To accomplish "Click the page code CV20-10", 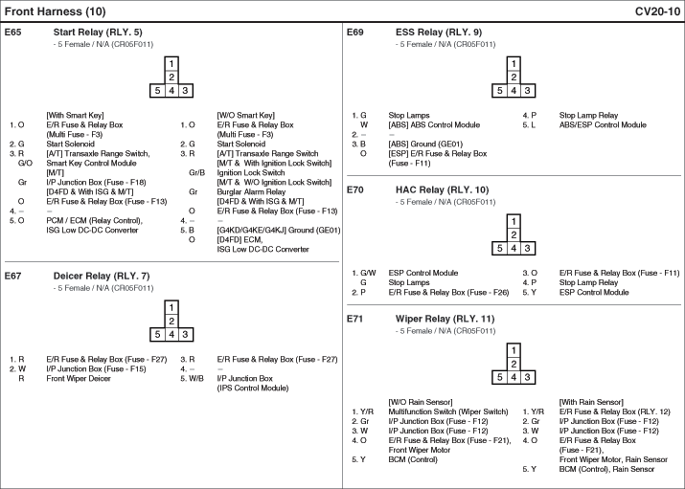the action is pyautogui.click(x=657, y=11).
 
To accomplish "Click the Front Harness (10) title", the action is pyautogui.click(x=55, y=11).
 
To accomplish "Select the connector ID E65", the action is pyautogui.click(x=12, y=32).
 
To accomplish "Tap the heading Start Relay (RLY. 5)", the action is pyautogui.click(x=98, y=32).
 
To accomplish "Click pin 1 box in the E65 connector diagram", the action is pyautogui.click(x=171, y=64).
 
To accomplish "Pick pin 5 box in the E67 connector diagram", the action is pyautogui.click(x=157, y=335).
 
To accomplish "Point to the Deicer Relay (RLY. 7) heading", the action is pyautogui.click(x=102, y=277).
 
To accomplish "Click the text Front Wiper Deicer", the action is pyautogui.click(x=79, y=379).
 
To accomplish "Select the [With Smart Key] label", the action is pyautogui.click(x=75, y=115).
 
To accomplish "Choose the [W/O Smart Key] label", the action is pyautogui.click(x=246, y=115).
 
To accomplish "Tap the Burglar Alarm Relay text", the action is pyautogui.click(x=251, y=192).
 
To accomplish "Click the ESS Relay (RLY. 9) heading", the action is pyautogui.click(x=439, y=32).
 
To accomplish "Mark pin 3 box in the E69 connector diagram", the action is pyautogui.click(x=527, y=91).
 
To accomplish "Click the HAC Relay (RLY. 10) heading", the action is pyautogui.click(x=442, y=189).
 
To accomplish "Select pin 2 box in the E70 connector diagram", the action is pyautogui.click(x=514, y=234).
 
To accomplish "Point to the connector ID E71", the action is pyautogui.click(x=354, y=319).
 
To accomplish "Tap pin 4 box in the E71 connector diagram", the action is pyautogui.click(x=514, y=377).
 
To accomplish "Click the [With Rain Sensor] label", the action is pyautogui.click(x=591, y=402).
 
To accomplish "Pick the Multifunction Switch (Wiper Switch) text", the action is pyautogui.click(x=448, y=411).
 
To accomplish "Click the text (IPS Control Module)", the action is pyautogui.click(x=253, y=389).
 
